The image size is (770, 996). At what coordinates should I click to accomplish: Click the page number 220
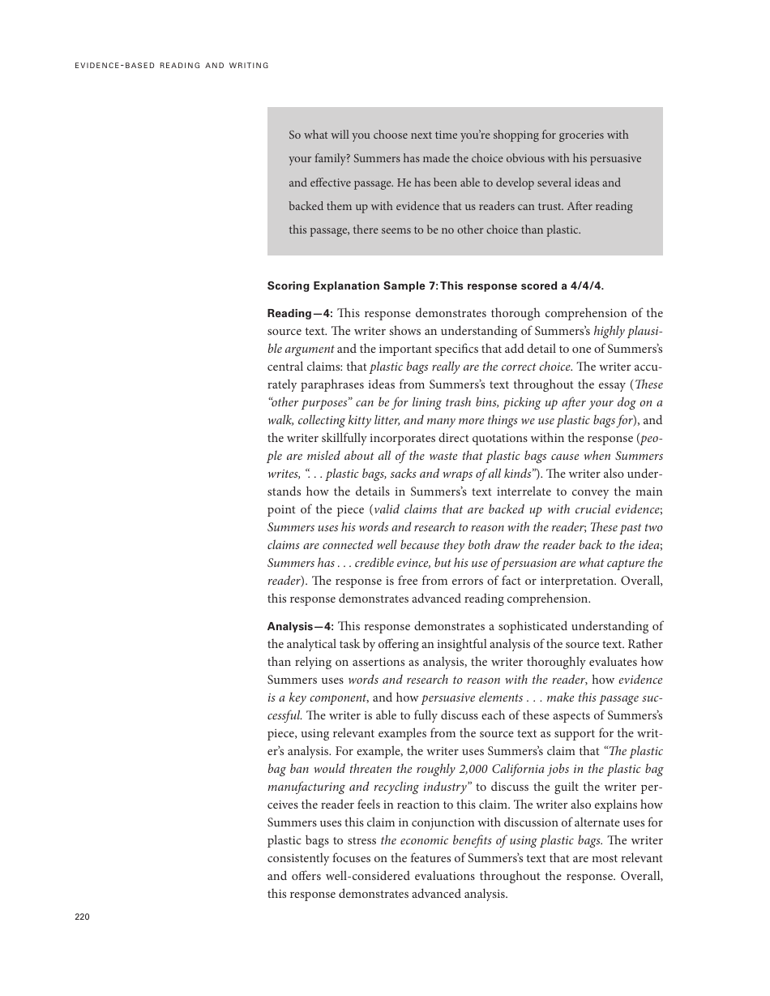pos(82,917)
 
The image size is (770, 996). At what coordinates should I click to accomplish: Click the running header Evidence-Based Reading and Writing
pos(171,66)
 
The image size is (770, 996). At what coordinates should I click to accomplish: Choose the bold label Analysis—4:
pos(300,626)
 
